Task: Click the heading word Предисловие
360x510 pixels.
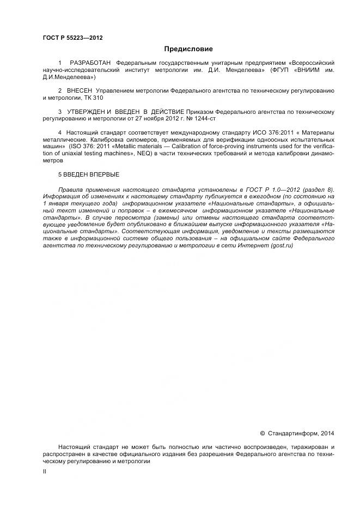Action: point(188,49)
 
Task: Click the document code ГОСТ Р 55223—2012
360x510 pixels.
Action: point(72,38)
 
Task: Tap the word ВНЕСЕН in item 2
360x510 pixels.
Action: point(80,90)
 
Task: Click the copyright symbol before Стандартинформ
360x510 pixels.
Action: point(263,433)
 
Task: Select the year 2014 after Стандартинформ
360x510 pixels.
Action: point(327,433)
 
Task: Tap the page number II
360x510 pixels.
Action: point(44,472)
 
